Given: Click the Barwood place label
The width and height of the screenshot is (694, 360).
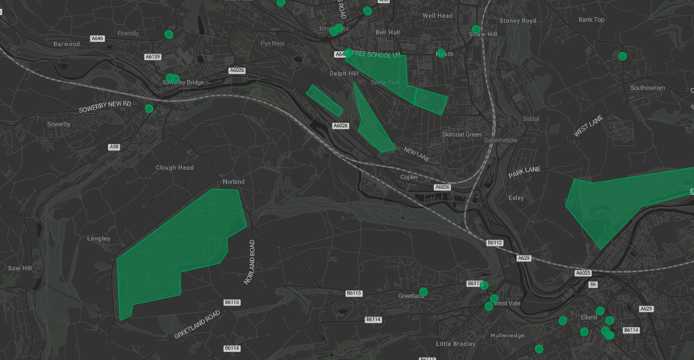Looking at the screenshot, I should click(66, 44).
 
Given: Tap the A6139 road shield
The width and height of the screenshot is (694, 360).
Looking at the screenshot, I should click(153, 57).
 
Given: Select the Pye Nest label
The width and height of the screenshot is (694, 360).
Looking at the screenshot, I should click(272, 43).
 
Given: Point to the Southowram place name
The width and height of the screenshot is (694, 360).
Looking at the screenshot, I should click(647, 88).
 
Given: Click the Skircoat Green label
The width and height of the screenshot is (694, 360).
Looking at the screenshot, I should click(462, 134).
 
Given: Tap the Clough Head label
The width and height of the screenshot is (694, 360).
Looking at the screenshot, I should click(175, 168).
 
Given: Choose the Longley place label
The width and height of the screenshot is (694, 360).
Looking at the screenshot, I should click(98, 239).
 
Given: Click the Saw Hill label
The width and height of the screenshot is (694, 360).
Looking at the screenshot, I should click(20, 268).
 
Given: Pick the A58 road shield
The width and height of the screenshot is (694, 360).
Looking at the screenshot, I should click(114, 147).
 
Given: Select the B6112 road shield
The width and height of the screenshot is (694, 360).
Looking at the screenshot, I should click(495, 242).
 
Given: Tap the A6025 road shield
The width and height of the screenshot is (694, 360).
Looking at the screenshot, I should click(582, 273).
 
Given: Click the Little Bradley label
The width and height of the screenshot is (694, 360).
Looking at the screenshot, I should click(455, 344).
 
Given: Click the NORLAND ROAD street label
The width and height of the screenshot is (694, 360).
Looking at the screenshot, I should click(250, 262).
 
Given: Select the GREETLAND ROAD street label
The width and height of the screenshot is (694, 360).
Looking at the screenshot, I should click(197, 325).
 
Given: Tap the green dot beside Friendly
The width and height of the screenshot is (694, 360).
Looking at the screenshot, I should click(169, 35).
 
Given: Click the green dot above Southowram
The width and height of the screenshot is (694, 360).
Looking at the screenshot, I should click(622, 57).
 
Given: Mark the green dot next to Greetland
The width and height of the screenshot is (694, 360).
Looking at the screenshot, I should click(424, 292).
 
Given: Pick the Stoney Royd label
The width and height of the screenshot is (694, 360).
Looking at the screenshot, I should click(518, 21).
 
